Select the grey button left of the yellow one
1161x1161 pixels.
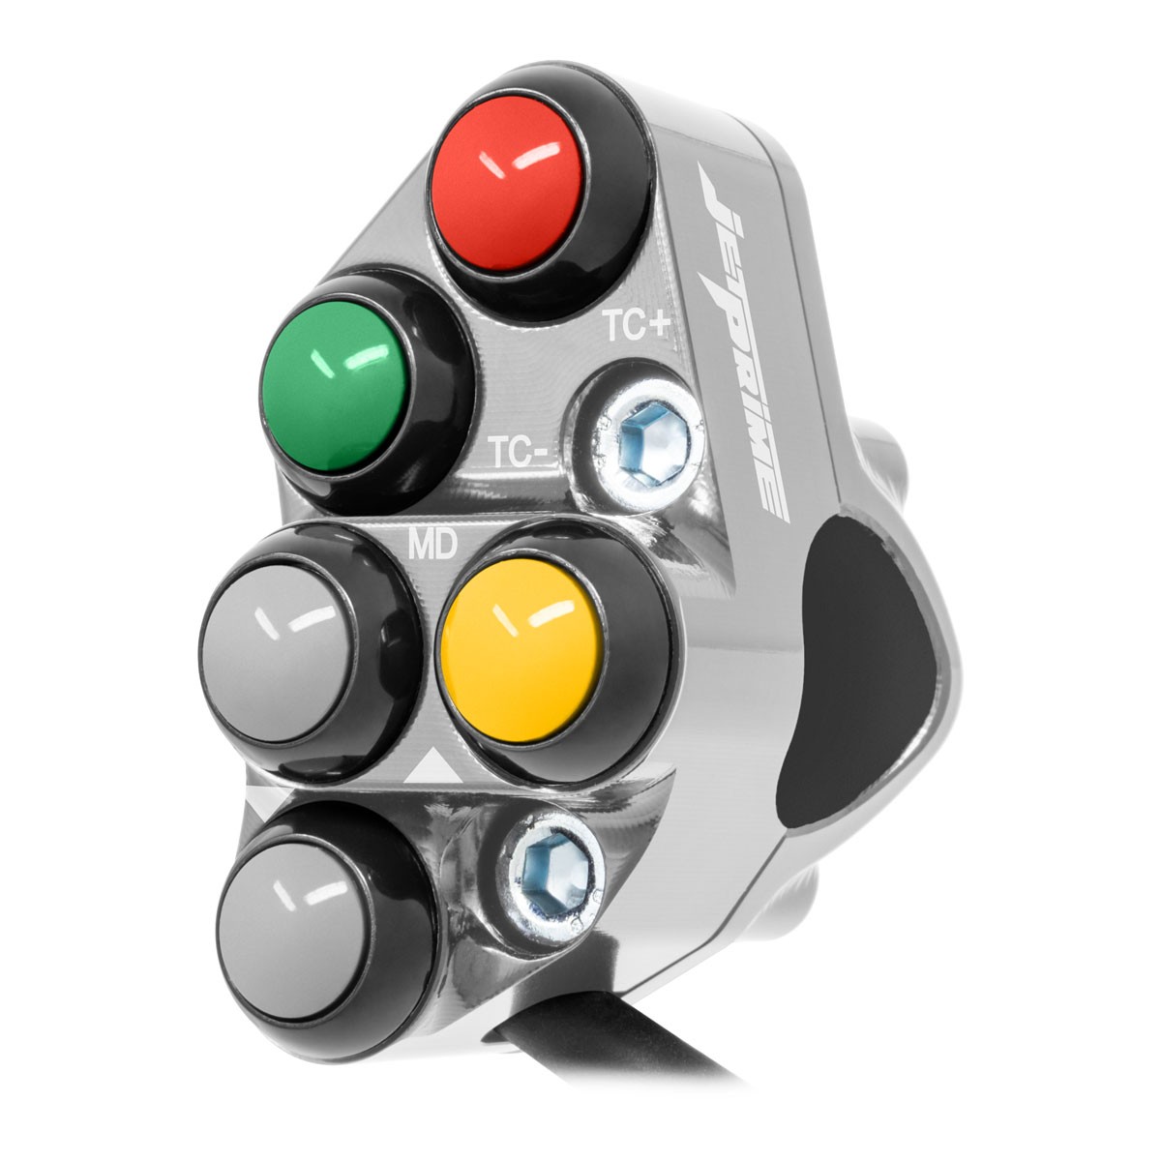coord(282,651)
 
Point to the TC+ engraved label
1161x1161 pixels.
coord(638,327)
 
